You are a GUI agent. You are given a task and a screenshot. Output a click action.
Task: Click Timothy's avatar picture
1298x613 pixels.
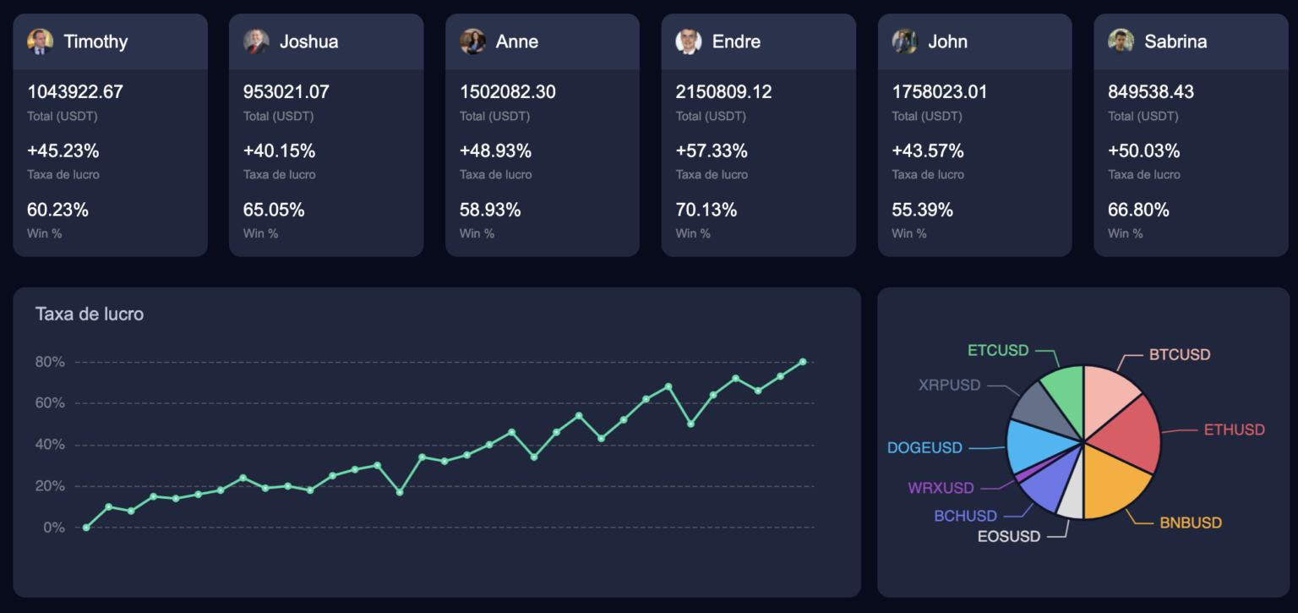click(40, 41)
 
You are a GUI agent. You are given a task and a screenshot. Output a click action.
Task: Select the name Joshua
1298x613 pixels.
click(308, 41)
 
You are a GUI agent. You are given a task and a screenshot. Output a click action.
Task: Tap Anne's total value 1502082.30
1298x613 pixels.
click(507, 91)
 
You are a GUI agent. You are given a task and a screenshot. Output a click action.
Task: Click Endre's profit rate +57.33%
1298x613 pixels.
click(712, 151)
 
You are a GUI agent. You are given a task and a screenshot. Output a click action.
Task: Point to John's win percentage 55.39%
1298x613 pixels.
click(923, 210)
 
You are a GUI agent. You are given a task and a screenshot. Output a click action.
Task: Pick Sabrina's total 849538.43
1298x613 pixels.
click(1151, 91)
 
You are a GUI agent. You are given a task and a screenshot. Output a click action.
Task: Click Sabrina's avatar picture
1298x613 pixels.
click(1121, 41)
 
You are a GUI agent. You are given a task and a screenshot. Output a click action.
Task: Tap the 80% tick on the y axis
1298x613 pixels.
click(49, 362)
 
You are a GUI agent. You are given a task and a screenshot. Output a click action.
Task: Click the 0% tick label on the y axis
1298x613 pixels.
click(53, 528)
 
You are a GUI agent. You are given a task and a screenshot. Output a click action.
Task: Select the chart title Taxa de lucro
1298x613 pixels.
click(90, 314)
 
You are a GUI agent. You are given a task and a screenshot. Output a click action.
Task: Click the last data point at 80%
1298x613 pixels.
click(803, 362)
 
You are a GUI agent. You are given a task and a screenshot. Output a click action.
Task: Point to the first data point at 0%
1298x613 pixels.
click(86, 528)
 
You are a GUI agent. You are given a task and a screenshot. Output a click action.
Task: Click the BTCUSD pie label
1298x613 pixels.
click(1180, 354)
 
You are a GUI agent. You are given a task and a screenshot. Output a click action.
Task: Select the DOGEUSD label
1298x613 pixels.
click(924, 448)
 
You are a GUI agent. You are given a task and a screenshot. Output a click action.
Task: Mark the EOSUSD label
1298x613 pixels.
click(1009, 536)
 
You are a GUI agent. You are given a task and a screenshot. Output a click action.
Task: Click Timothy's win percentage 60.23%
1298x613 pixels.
click(57, 210)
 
